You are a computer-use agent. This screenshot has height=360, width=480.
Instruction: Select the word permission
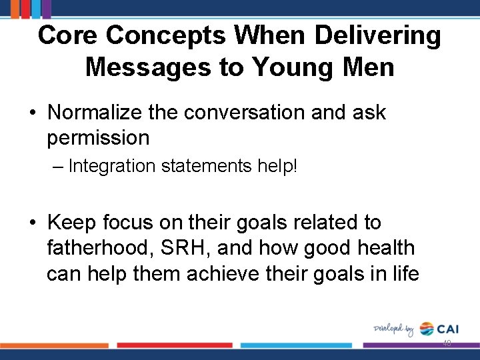click(98, 138)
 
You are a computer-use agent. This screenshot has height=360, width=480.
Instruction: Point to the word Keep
click(73, 222)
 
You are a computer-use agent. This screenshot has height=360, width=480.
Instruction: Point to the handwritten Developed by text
click(393, 329)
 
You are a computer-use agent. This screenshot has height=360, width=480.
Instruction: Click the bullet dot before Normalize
click(32, 113)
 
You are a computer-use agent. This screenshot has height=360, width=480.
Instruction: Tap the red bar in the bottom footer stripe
click(175, 345)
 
